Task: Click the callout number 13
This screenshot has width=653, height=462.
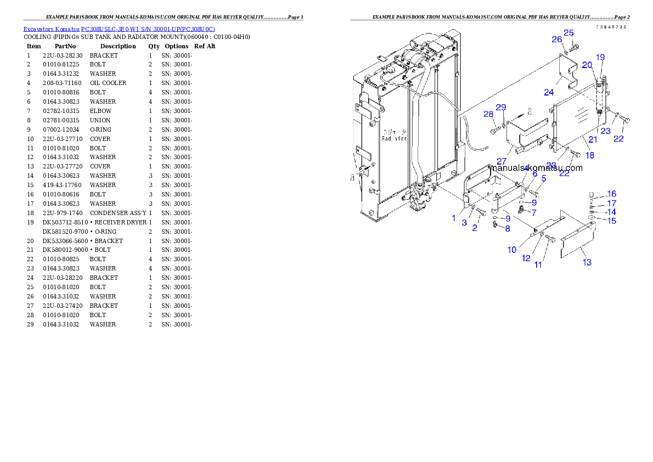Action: [587, 262]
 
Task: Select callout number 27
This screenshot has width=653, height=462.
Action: [501, 161]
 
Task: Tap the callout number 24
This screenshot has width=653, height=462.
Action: [549, 92]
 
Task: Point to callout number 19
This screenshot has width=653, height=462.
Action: [600, 57]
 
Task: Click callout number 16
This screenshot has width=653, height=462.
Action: [611, 194]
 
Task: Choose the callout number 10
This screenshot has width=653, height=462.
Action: [511, 250]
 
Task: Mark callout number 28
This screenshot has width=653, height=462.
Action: [488, 114]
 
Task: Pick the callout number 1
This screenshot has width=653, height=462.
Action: [454, 218]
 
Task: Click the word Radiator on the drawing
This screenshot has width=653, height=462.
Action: [395, 139]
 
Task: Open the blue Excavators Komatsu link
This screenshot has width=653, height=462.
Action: [119, 29]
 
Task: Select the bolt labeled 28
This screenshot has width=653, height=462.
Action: [497, 130]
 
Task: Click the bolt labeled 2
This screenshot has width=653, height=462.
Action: [481, 211]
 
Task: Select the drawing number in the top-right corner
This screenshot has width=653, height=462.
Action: [611, 27]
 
